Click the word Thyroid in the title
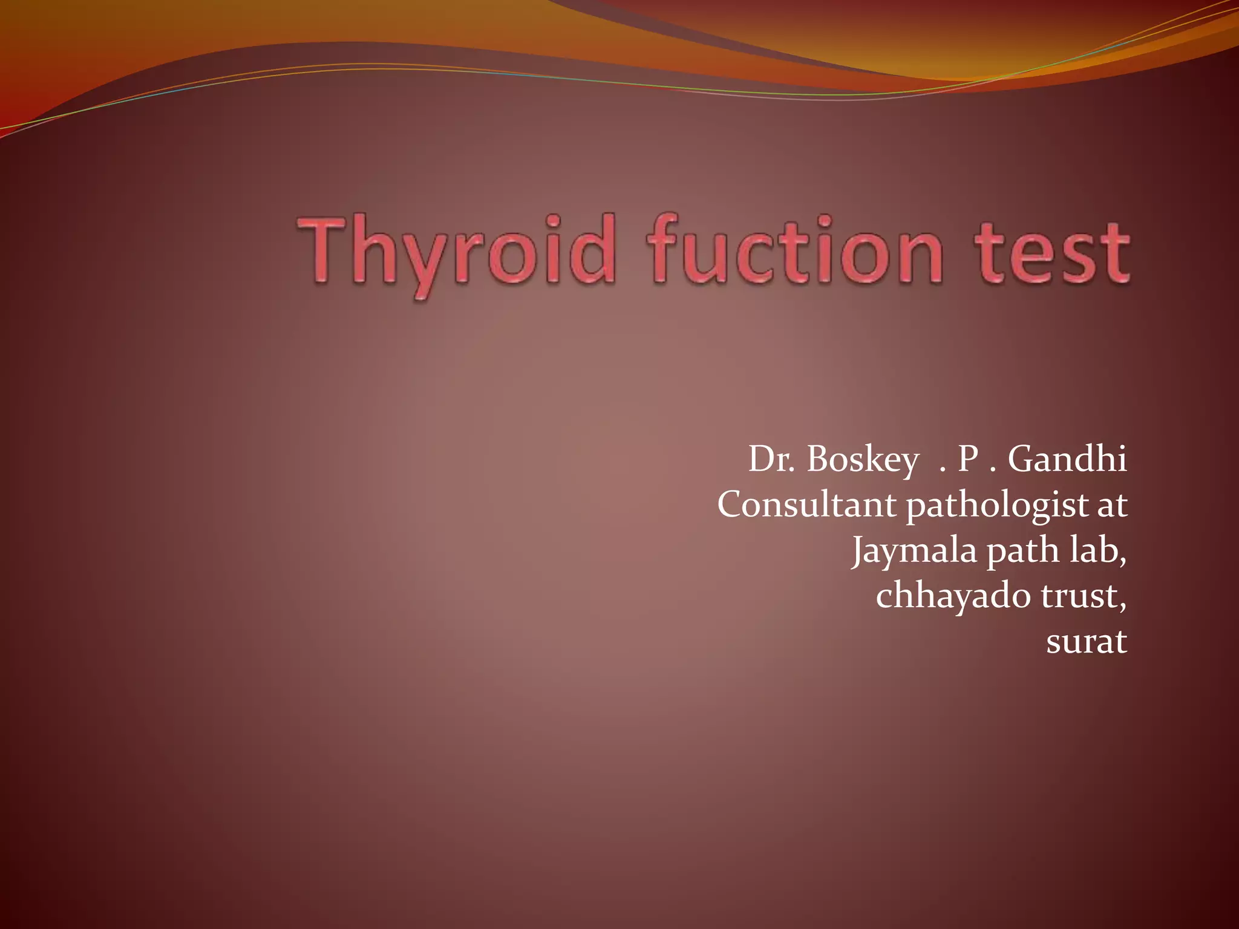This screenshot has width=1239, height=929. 457,251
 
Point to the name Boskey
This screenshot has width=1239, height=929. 863,460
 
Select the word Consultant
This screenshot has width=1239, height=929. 806,504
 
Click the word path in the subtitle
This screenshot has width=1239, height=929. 1023,552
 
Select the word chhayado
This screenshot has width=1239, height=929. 953,596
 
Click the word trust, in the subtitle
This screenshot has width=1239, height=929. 1084,596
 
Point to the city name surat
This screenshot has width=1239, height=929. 1087,642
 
